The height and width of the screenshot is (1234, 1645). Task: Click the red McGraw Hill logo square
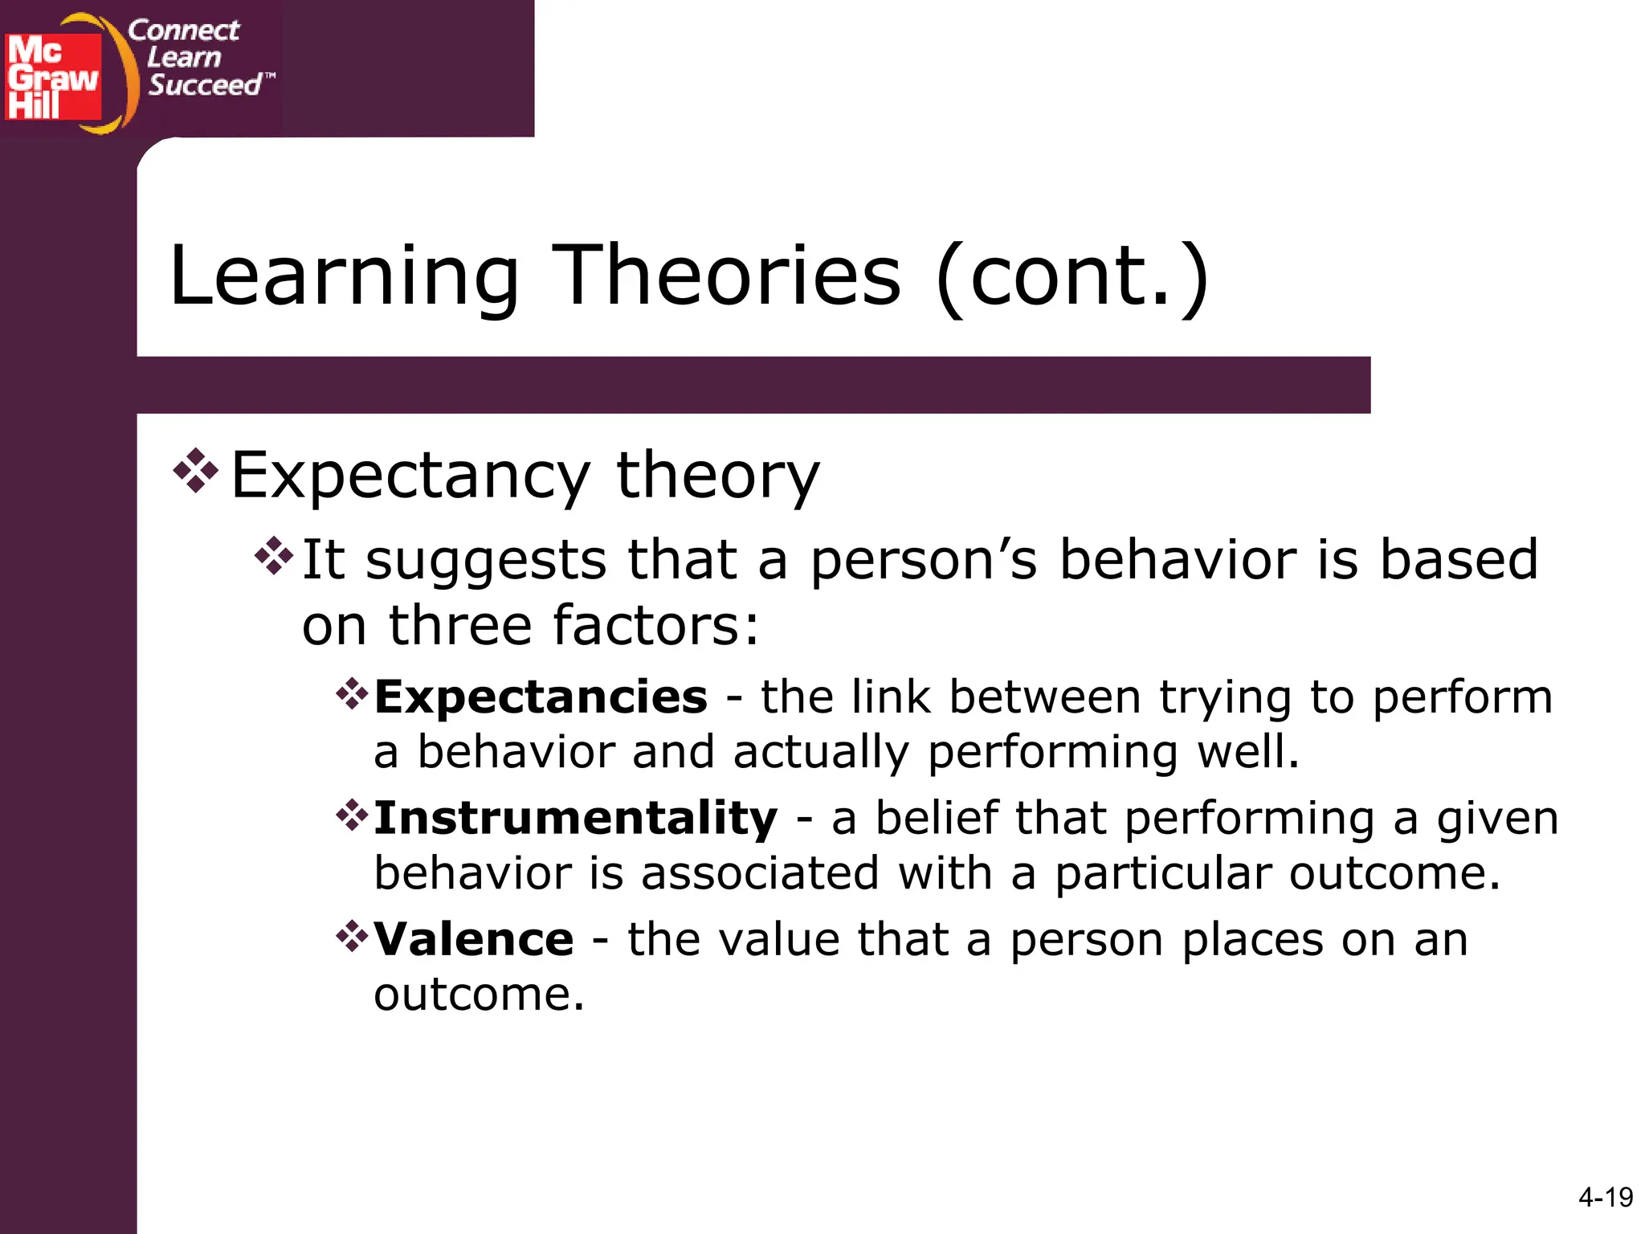click(x=53, y=76)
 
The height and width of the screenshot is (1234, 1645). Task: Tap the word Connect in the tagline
click(x=183, y=31)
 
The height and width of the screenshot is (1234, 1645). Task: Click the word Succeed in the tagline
click(x=205, y=84)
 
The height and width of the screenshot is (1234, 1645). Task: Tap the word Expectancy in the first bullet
click(x=410, y=476)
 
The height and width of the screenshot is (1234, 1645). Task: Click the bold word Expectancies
click(x=541, y=697)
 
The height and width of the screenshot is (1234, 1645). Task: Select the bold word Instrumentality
click(x=575, y=818)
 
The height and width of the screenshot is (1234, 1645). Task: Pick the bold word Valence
click(x=474, y=939)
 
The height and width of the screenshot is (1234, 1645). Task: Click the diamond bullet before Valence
click(x=352, y=936)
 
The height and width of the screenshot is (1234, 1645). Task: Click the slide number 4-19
click(x=1605, y=1198)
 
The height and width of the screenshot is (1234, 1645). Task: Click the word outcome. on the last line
click(x=479, y=995)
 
